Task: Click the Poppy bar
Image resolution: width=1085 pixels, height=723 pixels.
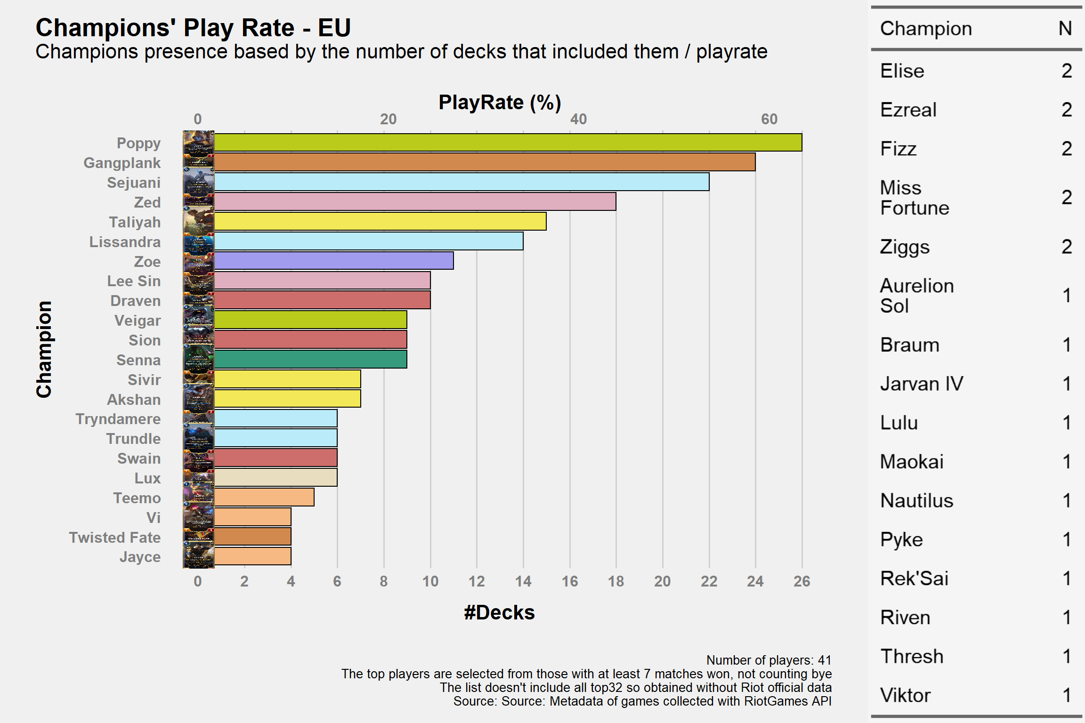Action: pyautogui.click(x=508, y=143)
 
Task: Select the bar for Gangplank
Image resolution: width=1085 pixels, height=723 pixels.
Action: pyautogui.click(x=485, y=162)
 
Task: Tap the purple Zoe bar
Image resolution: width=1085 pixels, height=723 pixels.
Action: pyautogui.click(x=334, y=261)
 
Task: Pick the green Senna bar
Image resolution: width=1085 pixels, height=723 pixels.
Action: pyautogui.click(x=310, y=359)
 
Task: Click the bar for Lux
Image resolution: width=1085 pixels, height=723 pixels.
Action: pyautogui.click(x=275, y=477)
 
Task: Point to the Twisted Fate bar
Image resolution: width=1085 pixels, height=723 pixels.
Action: pyautogui.click(x=252, y=537)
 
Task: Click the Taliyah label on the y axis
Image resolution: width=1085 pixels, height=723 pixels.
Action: pyautogui.click(x=135, y=222)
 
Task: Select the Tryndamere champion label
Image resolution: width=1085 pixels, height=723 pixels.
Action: pyautogui.click(x=118, y=419)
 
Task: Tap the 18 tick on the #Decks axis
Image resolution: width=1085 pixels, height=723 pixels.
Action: pyautogui.click(x=616, y=581)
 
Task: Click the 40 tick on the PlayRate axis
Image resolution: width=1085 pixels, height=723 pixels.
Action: pyautogui.click(x=579, y=119)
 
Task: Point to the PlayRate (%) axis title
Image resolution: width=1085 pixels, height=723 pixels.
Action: pyautogui.click(x=500, y=103)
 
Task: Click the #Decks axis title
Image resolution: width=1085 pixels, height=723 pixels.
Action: pyautogui.click(x=499, y=613)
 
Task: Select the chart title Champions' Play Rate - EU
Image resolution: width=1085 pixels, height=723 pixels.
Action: pyautogui.click(x=193, y=28)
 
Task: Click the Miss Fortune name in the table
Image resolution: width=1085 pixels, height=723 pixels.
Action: pyautogui.click(x=915, y=198)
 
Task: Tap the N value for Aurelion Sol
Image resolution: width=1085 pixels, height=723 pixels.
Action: pyautogui.click(x=1067, y=296)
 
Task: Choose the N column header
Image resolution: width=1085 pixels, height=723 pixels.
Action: pyautogui.click(x=1065, y=29)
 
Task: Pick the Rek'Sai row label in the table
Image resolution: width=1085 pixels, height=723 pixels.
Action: pyautogui.click(x=914, y=578)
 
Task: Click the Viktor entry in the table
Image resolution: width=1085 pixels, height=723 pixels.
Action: pyautogui.click(x=905, y=695)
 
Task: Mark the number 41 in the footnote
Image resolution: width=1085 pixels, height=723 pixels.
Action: pyautogui.click(x=825, y=660)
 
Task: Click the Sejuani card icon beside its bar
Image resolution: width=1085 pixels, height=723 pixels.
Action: pyautogui.click(x=199, y=182)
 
